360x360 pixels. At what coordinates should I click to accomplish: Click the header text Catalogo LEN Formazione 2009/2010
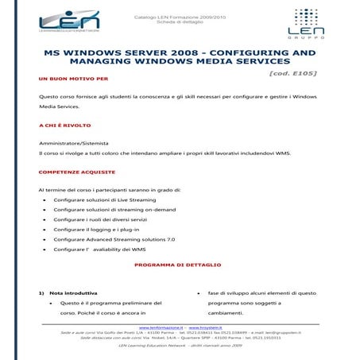[179, 15]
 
